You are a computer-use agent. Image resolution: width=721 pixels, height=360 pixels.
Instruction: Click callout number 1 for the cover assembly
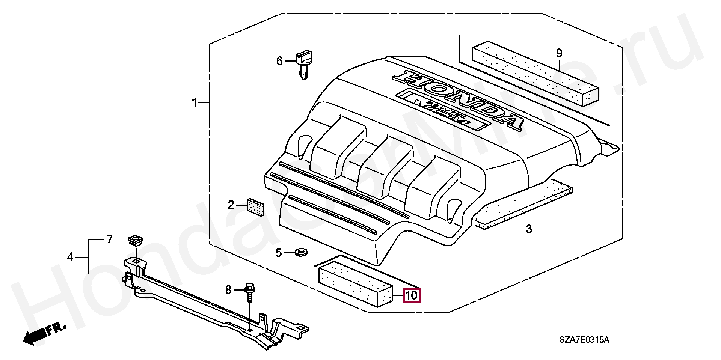click(195, 92)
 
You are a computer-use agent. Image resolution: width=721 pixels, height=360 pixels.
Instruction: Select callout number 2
click(231, 205)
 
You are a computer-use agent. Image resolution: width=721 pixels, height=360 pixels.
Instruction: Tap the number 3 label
click(529, 229)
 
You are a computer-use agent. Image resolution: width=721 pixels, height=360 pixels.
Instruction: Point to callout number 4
click(70, 257)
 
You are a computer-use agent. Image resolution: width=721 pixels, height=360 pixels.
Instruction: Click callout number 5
click(279, 253)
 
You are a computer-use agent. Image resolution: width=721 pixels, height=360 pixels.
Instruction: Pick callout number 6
click(279, 61)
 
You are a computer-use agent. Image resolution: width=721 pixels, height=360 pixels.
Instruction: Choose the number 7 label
click(110, 239)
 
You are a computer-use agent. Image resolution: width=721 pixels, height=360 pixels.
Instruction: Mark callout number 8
click(228, 290)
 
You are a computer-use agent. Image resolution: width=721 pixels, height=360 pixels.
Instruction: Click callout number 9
click(559, 53)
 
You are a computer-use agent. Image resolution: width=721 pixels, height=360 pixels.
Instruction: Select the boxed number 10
click(412, 295)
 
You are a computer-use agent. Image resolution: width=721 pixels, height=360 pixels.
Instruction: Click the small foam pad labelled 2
click(255, 207)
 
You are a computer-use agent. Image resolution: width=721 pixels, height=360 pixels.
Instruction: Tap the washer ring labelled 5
click(301, 252)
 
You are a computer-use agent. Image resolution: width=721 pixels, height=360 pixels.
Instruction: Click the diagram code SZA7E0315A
click(584, 340)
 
